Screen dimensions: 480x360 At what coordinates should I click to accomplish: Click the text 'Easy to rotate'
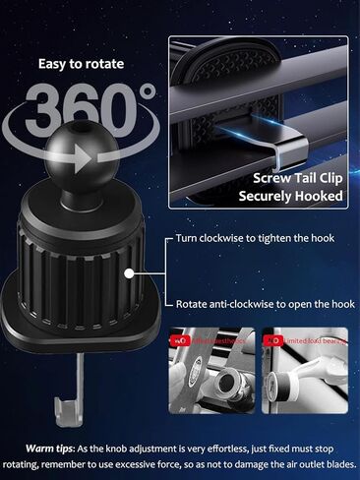(82, 65)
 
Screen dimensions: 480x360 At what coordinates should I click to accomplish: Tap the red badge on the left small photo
(181, 339)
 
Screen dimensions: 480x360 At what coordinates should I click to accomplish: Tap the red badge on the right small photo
(276, 339)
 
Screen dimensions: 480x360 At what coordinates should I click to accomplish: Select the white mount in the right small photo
(315, 379)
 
